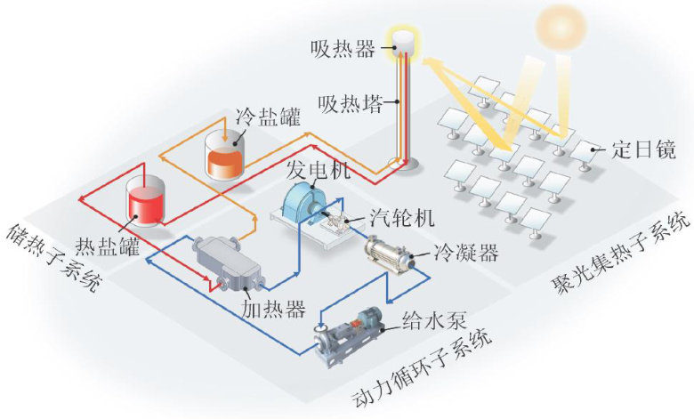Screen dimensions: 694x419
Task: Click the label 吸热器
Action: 343,48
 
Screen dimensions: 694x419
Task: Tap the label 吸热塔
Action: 350,104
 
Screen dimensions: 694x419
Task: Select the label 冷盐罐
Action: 268,117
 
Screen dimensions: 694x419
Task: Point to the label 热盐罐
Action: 108,246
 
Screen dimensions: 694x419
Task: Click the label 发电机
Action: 319,169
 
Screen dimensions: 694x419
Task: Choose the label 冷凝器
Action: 466,253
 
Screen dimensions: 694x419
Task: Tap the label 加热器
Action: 273,309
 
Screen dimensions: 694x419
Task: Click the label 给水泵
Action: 434,320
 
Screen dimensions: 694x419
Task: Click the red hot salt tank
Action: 145,201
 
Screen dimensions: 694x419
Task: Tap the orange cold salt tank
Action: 225,156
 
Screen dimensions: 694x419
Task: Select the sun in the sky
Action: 561,28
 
